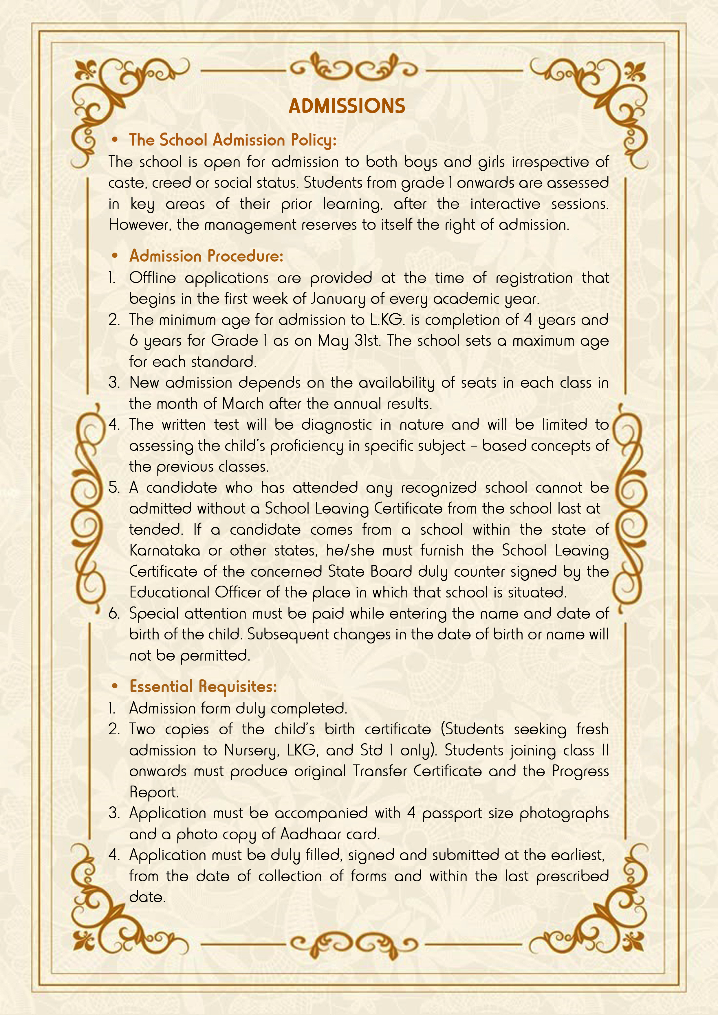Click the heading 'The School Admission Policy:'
pos(233,140)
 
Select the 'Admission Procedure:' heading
pos(206,256)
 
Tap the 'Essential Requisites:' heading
pos(203,687)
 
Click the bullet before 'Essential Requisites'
pos(115,687)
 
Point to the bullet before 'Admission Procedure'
pos(115,256)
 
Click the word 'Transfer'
pos(380,771)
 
